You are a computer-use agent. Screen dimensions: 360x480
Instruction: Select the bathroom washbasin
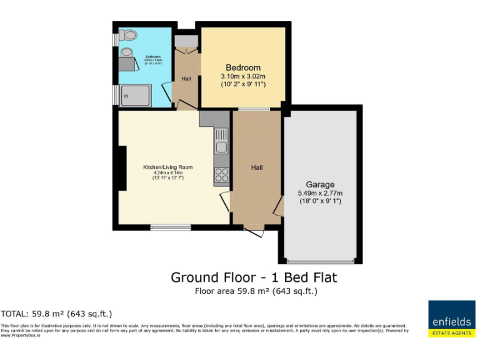point(127,51)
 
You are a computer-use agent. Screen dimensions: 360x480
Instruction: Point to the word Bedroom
point(243,67)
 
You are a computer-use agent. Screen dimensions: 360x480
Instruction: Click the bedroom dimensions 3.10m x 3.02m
point(243,76)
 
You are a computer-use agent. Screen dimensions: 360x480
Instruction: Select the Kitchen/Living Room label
point(168,167)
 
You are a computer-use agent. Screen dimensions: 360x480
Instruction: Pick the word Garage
point(320,184)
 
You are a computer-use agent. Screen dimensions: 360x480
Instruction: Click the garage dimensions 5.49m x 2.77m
point(320,193)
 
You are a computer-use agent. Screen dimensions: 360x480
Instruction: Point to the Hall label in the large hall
point(257,167)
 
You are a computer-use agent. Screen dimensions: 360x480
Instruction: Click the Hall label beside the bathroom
point(186,79)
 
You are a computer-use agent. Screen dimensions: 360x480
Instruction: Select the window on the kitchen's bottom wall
point(171,227)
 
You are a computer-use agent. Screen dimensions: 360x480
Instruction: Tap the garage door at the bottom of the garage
point(321,261)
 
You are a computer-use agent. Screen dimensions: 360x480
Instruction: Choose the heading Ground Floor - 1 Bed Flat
point(257,277)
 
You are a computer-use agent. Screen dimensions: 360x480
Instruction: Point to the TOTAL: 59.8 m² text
point(56,314)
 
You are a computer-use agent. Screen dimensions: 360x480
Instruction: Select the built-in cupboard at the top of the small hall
point(186,41)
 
